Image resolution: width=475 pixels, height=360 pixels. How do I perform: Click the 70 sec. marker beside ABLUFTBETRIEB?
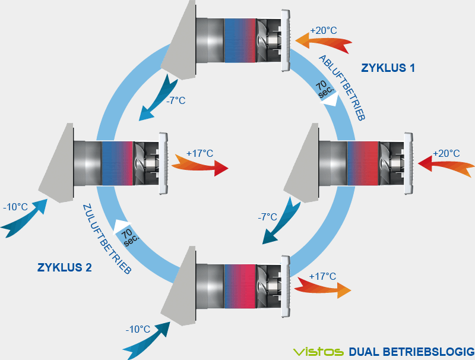326,90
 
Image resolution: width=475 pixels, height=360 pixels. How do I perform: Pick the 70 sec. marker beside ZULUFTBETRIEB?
128,236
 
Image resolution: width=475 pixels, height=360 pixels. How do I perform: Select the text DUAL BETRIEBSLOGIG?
411,350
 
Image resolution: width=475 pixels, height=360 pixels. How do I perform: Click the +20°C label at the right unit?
446,153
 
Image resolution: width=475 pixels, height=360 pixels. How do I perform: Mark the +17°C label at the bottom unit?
323,276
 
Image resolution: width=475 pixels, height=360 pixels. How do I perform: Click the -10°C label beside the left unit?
15,207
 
